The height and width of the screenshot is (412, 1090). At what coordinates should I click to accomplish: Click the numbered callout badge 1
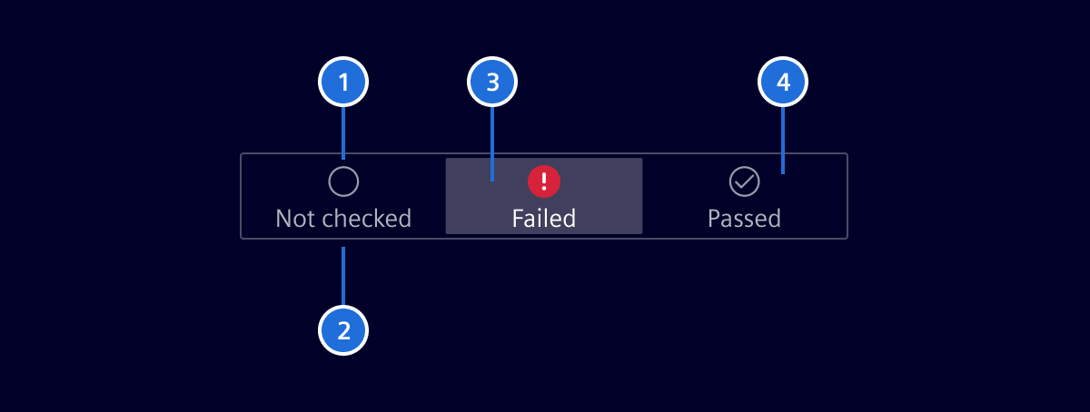coord(343,83)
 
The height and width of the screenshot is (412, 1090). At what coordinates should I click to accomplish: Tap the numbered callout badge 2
coord(343,330)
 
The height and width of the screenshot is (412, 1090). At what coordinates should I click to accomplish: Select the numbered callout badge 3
coord(492,83)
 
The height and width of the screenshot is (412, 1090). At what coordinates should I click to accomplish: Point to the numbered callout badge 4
coord(783,83)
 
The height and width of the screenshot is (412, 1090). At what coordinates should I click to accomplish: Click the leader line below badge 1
coord(343,132)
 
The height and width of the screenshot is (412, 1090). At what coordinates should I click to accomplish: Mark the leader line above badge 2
coord(343,276)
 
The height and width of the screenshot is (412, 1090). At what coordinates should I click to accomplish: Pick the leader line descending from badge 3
coord(492,143)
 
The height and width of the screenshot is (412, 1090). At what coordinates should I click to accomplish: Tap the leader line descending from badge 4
coord(783,139)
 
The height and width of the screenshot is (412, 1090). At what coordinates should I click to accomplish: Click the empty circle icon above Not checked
coord(343,181)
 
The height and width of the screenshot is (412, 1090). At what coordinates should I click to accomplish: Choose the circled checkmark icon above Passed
coord(745,181)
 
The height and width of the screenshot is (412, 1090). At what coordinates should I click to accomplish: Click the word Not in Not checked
coord(294,219)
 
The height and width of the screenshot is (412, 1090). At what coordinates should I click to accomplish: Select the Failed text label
coord(544,219)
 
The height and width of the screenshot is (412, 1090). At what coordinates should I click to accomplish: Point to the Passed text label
coord(744,219)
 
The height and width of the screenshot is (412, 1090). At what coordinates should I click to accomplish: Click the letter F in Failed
coord(518,219)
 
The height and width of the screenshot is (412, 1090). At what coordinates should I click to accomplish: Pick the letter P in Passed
coord(714,219)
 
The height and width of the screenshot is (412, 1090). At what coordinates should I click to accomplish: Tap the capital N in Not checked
coord(283,219)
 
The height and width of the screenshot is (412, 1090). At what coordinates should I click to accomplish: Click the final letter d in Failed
coord(569,219)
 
